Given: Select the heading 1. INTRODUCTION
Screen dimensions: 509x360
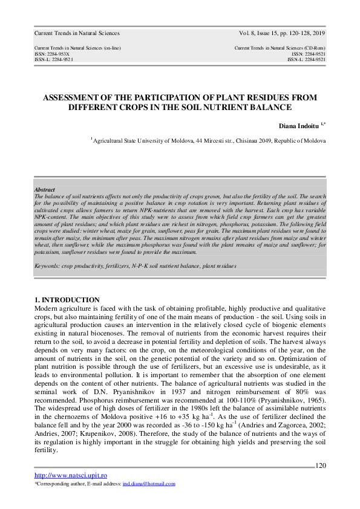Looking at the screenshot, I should [x=67, y=300].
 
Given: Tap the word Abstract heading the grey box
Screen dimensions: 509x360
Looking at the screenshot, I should [x=45, y=189].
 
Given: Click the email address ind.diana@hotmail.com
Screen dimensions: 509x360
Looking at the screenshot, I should [x=149, y=484].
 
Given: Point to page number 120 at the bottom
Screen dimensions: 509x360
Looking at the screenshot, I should [x=321, y=465].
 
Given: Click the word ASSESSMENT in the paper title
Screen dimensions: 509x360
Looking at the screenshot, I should [x=71, y=97].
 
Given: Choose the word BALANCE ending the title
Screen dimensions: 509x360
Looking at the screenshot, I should [x=258, y=107].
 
